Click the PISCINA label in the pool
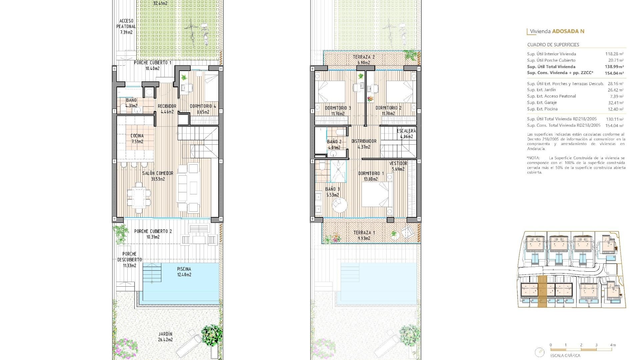tap(184, 269)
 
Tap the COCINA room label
tap(137, 136)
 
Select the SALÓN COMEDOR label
tap(158, 173)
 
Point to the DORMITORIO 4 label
tap(203, 106)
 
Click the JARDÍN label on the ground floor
tap(165, 334)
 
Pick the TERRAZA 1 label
tap(364, 233)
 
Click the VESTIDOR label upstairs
tap(398, 163)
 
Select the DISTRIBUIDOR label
tap(364, 141)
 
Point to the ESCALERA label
tap(406, 131)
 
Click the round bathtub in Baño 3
tap(339, 205)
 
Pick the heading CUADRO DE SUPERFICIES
tap(553, 45)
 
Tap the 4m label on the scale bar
tap(613, 345)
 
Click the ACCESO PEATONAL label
tap(126, 24)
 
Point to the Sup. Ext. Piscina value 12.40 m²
tap(616, 109)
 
